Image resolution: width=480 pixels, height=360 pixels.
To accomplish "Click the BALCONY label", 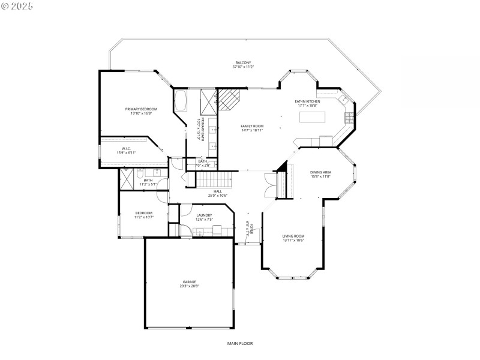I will (243, 62).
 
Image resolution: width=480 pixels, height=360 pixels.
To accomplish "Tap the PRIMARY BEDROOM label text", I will (137, 109).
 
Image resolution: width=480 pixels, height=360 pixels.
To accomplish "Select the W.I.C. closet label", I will (126, 149).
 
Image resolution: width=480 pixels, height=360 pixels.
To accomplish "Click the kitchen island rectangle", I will (312, 117).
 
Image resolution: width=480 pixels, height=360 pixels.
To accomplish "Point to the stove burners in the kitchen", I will (349, 116).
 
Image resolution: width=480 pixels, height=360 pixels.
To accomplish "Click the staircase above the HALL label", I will (214, 179).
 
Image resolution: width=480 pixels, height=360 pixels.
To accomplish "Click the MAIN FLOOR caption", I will (240, 344).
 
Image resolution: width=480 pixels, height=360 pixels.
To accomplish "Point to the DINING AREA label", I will (321, 172).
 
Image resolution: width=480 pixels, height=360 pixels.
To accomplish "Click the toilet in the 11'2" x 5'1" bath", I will (139, 175).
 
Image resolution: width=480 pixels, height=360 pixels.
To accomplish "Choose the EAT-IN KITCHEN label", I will (307, 101).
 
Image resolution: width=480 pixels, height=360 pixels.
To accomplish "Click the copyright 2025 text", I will (18, 5).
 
